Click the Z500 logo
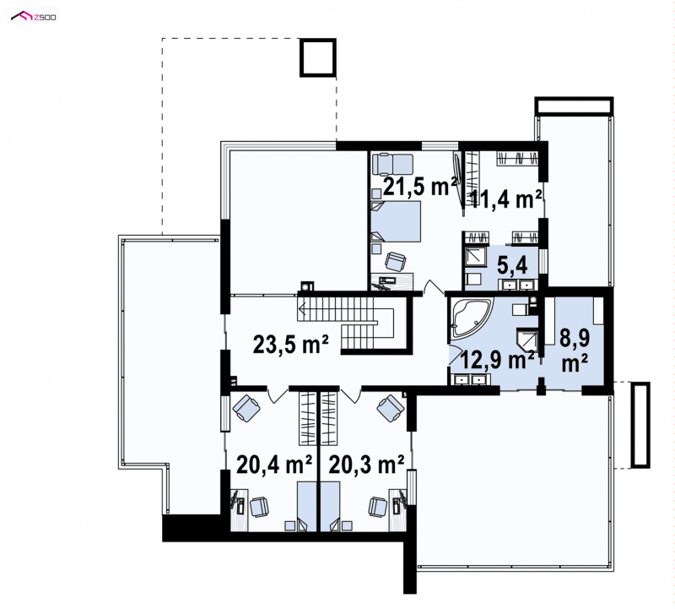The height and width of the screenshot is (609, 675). (34, 17)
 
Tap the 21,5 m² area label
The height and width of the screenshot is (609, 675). (419, 186)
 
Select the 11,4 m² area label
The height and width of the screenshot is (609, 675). (505, 199)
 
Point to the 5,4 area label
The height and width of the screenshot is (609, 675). (512, 266)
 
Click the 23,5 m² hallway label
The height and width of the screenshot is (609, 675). (291, 344)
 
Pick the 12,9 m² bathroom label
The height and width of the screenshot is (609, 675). (498, 360)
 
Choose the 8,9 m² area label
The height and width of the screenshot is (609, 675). (575, 351)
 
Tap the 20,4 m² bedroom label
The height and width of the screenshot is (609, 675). (274, 465)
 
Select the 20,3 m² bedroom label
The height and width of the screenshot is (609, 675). (366, 465)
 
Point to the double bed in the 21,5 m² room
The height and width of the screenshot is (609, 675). (396, 221)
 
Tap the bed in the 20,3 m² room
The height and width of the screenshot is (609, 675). (330, 507)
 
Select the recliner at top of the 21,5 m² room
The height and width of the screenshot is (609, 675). (392, 164)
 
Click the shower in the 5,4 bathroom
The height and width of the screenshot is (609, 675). (475, 257)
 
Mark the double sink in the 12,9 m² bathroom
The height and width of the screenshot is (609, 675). (470, 380)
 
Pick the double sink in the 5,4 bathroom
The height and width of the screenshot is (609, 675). (517, 285)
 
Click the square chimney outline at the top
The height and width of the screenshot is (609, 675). (318, 57)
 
